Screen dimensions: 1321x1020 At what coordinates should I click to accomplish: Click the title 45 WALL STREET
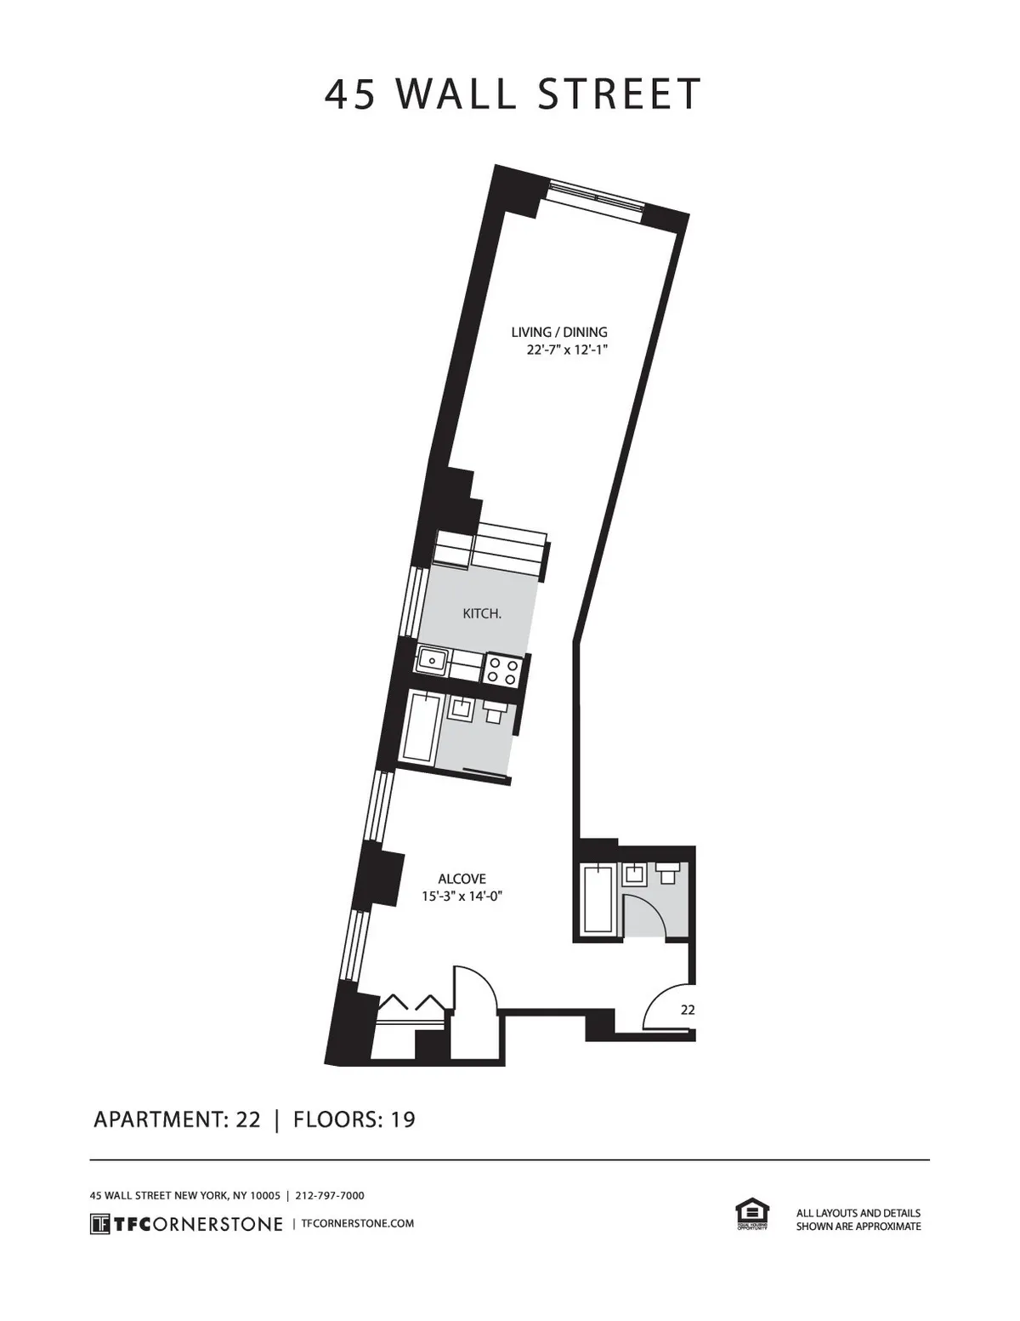click(513, 94)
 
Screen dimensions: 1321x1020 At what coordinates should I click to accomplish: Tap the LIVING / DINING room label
click(558, 332)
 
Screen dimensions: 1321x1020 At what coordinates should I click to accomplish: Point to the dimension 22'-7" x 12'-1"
click(569, 350)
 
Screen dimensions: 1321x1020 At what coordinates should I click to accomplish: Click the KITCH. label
click(481, 613)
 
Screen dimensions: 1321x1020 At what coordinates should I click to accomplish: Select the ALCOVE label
click(462, 879)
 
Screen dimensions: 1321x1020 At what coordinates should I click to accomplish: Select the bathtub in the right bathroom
click(598, 898)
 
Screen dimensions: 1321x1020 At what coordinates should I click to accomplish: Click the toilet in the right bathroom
click(668, 873)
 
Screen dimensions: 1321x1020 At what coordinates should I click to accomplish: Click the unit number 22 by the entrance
click(688, 1010)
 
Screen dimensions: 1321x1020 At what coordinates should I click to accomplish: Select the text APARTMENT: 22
click(177, 1119)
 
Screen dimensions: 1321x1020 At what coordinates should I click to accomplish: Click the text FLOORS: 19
click(354, 1119)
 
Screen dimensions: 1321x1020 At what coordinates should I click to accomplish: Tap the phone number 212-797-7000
click(330, 1195)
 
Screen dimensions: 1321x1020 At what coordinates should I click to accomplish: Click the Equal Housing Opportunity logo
click(751, 1214)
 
